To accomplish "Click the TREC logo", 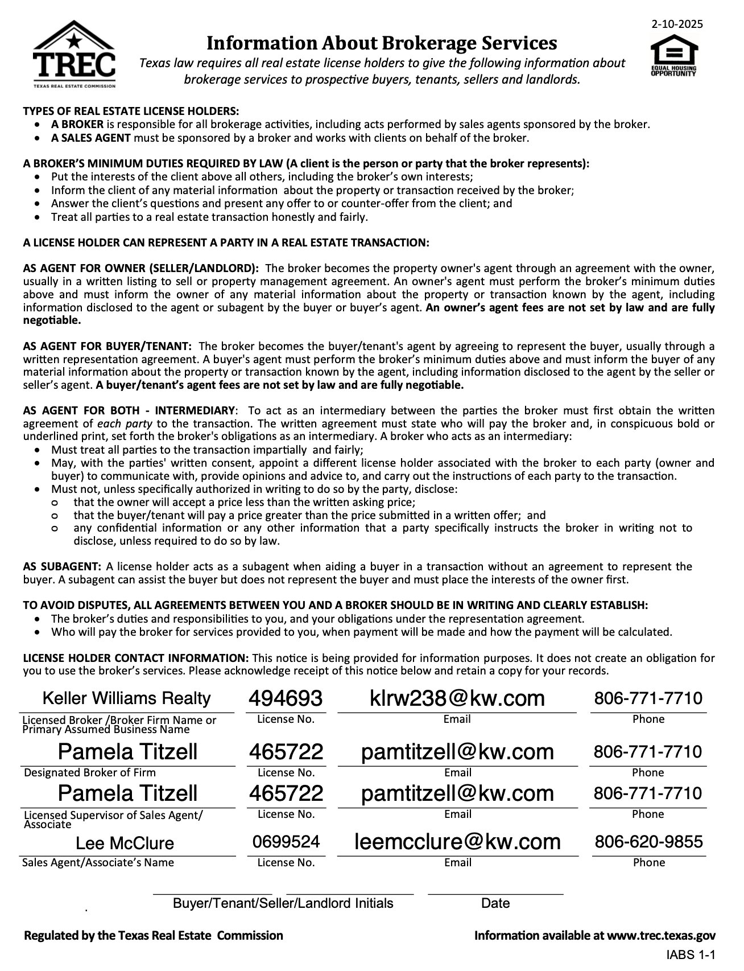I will [x=74, y=55].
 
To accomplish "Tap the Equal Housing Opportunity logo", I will [x=673, y=56].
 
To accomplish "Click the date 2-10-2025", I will [x=677, y=24].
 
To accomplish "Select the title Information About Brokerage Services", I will [x=381, y=43].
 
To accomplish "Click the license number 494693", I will [x=286, y=698].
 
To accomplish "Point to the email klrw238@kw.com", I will [x=457, y=698].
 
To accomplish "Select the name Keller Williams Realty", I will [x=127, y=698].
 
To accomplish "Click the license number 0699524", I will [x=286, y=841].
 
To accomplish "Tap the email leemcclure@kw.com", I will [x=457, y=841].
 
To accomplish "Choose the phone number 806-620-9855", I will [x=648, y=841].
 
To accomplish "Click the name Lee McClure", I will [x=125, y=843].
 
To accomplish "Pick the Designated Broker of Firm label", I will [x=90, y=772].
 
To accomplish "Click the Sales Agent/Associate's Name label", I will [x=98, y=862].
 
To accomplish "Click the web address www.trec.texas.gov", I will [x=661, y=935].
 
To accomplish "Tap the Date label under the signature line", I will [x=495, y=903].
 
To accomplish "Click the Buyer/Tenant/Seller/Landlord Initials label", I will [x=283, y=903].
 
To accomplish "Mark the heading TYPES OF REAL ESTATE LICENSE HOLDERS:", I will [x=131, y=111].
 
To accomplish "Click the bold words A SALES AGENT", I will [x=91, y=138].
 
